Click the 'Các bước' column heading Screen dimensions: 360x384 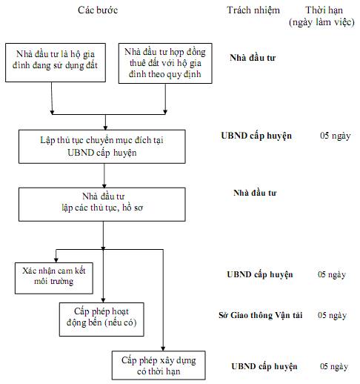tap(98, 10)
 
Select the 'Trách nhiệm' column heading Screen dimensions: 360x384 tap(253, 10)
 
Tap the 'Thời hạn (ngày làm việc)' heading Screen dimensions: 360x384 tap(322, 16)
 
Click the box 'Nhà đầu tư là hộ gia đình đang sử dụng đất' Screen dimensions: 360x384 tap(56, 63)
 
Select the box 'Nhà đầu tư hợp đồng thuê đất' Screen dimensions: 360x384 tap(165, 63)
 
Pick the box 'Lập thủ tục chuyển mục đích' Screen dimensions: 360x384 tap(102, 147)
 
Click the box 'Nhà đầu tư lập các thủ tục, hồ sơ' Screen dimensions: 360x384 tap(102, 205)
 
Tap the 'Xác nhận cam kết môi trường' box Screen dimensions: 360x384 tap(54, 278)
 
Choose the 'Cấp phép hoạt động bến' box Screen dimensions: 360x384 tap(101, 320)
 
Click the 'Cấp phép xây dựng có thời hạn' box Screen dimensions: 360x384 tap(159, 365)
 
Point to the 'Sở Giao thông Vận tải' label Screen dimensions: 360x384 tap(261, 315)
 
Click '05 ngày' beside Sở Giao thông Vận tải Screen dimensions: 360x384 tap(332, 315)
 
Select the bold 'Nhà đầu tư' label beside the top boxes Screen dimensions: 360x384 tap(253, 58)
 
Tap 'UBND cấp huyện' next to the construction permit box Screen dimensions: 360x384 tap(264, 366)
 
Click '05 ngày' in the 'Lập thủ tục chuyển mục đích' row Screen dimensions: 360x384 tap(336, 136)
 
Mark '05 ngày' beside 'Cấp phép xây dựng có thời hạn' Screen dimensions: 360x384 tap(334, 366)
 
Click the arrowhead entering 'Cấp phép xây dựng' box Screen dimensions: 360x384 tap(163, 348)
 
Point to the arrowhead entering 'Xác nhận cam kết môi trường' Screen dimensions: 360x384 tap(56, 260)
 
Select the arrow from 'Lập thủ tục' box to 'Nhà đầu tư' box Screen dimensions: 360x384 tap(104, 176)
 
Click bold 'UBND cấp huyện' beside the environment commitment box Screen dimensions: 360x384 tap(260, 274)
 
